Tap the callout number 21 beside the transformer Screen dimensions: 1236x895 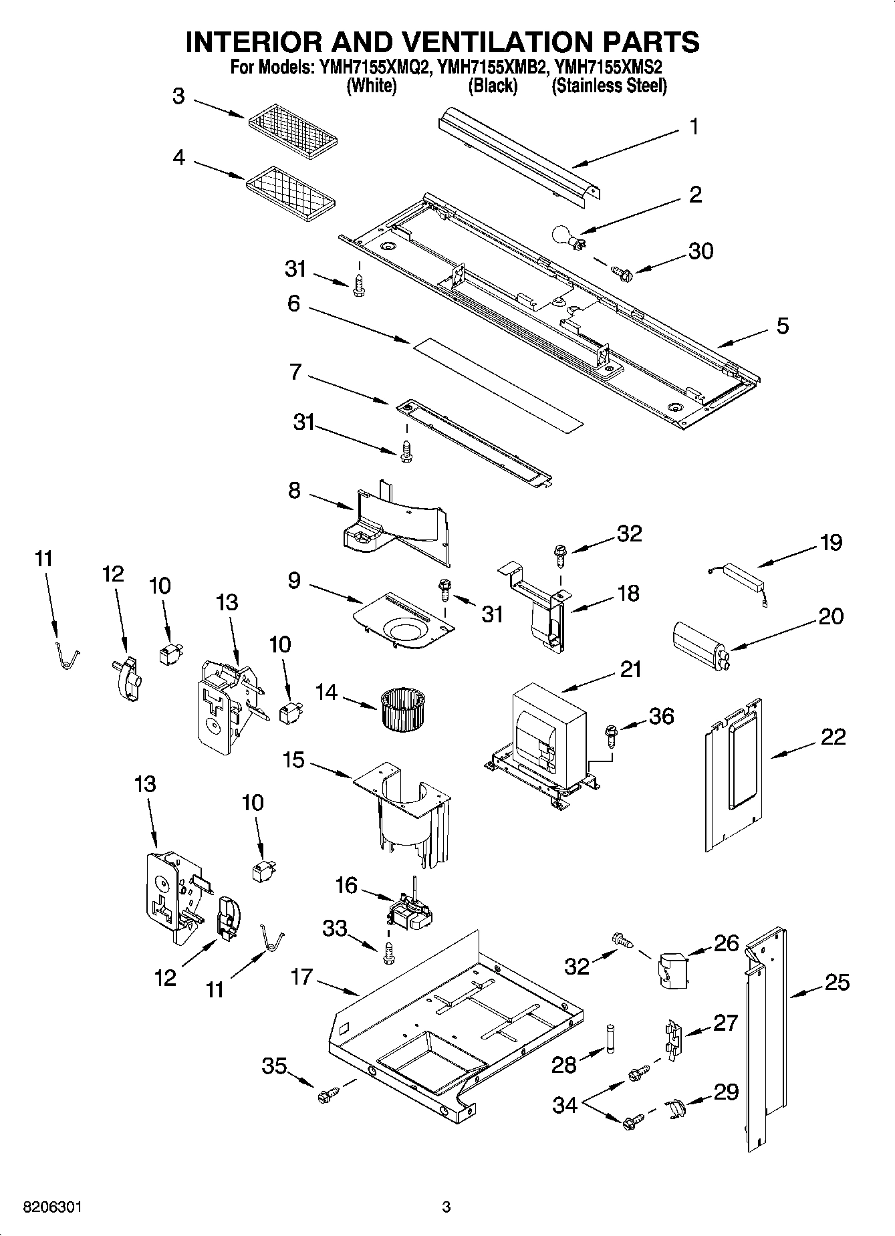[630, 668]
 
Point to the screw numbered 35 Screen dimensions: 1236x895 [328, 1094]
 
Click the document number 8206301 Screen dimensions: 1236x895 [53, 1207]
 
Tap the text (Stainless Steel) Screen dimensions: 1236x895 [609, 86]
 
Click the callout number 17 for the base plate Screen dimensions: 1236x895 [302, 977]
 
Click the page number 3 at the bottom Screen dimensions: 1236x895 [446, 1207]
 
